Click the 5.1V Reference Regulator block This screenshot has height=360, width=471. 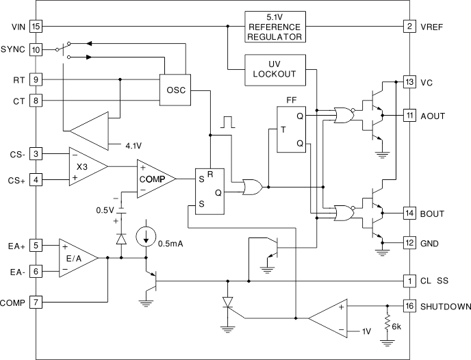[274, 26]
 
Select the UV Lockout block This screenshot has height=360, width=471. [274, 70]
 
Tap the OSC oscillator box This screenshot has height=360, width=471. [176, 90]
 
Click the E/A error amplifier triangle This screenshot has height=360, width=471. [76, 257]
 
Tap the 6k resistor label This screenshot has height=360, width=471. [397, 328]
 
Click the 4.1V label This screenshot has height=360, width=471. [135, 145]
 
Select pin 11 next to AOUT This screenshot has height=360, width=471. [409, 116]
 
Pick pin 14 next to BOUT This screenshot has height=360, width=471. [409, 214]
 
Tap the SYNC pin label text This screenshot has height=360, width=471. [13, 49]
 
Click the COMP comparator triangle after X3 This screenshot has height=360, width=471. [154, 179]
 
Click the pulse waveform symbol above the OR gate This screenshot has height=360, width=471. [227, 123]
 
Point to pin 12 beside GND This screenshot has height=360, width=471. [409, 244]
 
